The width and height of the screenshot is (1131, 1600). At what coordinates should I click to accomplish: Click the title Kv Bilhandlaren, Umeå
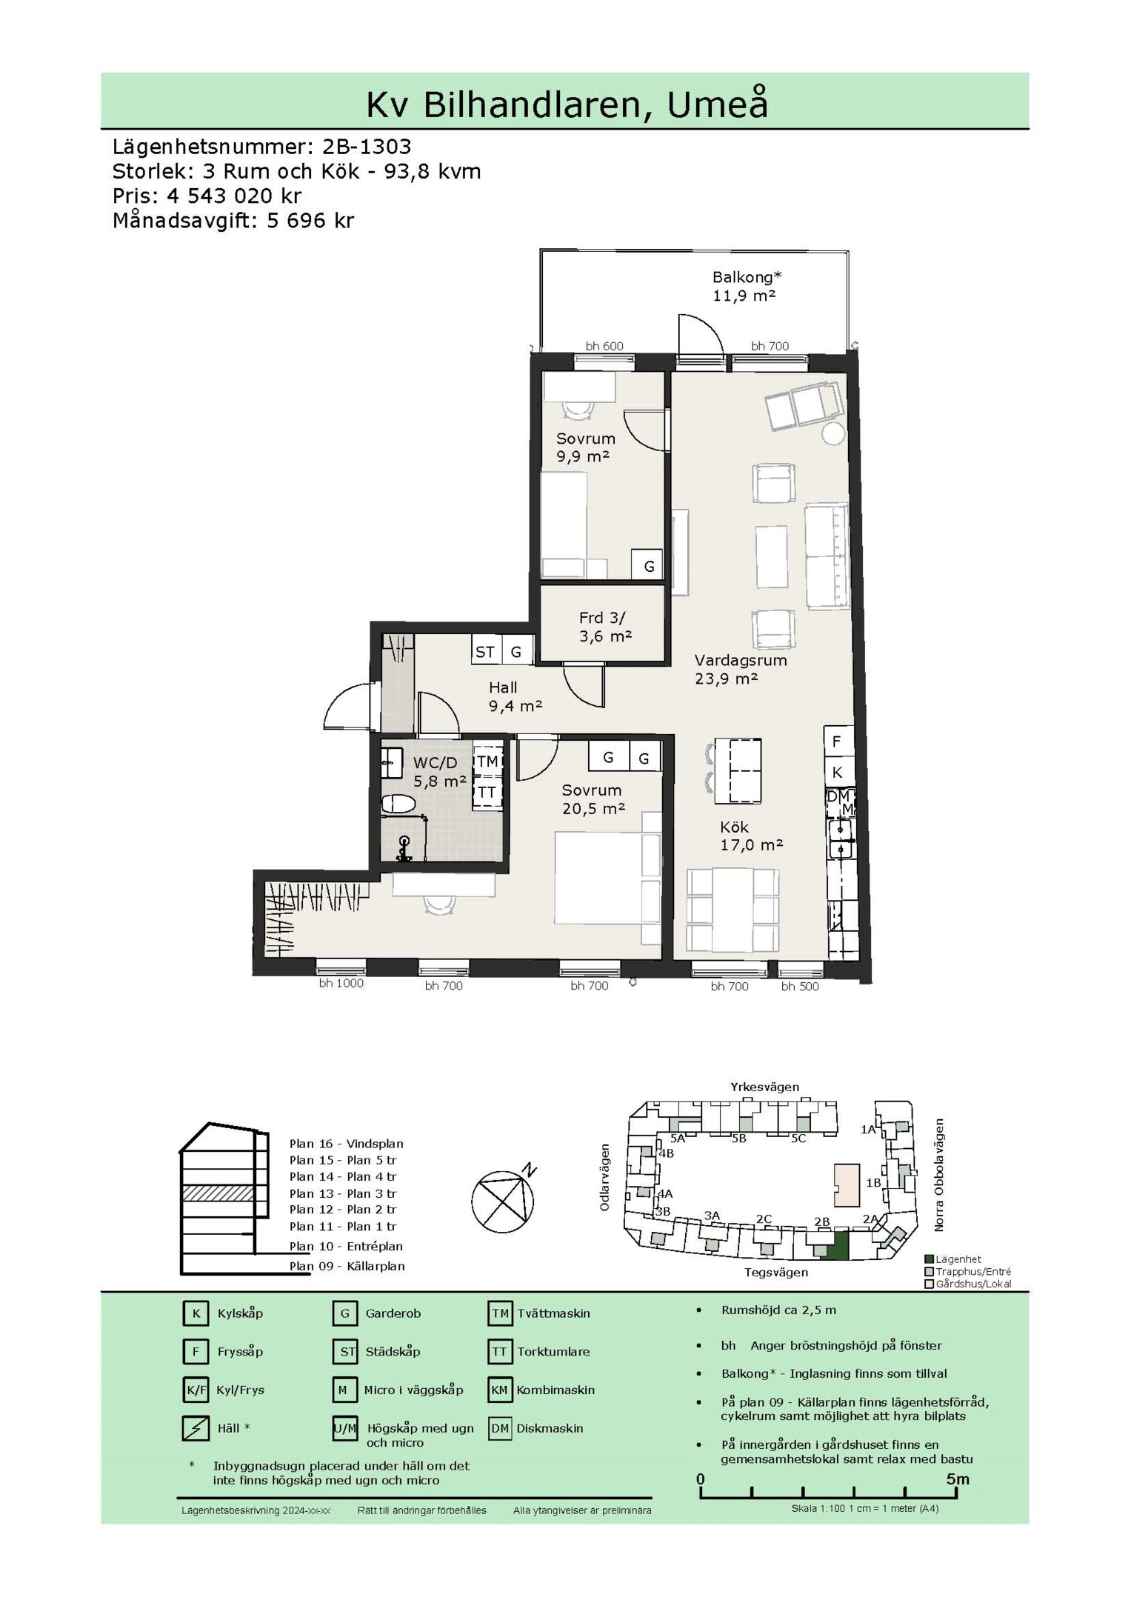tap(567, 104)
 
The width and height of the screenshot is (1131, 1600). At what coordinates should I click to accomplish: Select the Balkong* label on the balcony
tap(747, 277)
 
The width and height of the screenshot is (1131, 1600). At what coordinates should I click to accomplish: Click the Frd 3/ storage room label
tap(604, 618)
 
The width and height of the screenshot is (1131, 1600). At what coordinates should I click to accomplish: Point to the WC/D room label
tap(436, 762)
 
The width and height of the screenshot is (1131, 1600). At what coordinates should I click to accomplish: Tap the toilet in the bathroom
tap(398, 803)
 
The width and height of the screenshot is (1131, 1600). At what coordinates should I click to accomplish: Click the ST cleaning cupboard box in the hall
tap(486, 651)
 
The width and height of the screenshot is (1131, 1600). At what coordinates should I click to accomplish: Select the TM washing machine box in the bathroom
tap(487, 761)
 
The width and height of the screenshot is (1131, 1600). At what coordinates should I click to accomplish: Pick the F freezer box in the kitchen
tap(837, 741)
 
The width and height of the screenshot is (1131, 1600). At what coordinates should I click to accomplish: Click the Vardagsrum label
tap(740, 660)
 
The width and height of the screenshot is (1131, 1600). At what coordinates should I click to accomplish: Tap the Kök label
tap(734, 827)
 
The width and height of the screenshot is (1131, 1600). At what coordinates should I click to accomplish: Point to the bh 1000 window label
tap(341, 983)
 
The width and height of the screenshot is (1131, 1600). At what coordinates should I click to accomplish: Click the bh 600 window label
tap(604, 346)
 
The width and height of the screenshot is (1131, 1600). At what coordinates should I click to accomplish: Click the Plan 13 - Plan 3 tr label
tap(343, 1193)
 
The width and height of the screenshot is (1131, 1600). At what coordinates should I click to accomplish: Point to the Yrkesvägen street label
tap(764, 1087)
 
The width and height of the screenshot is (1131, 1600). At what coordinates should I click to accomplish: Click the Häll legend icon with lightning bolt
tap(196, 1428)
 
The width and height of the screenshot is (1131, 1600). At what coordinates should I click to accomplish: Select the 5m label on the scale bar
tap(957, 1479)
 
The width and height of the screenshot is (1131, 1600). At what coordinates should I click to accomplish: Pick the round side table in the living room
tap(833, 433)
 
